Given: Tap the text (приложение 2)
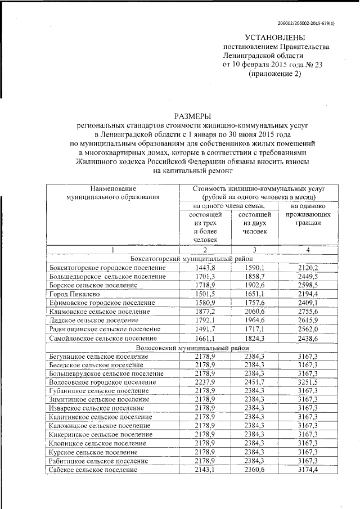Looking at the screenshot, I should point(275,74).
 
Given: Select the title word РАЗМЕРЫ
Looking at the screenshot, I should point(193,115).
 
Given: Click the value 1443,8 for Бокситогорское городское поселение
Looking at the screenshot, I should point(205,267).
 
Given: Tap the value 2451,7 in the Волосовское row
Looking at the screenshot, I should point(254,381).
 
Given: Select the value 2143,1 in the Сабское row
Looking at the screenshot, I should point(205,469).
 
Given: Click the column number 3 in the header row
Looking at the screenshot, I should point(254,249).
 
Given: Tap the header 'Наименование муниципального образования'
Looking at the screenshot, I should point(112,192).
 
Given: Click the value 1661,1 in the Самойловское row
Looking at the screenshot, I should point(205,338).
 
